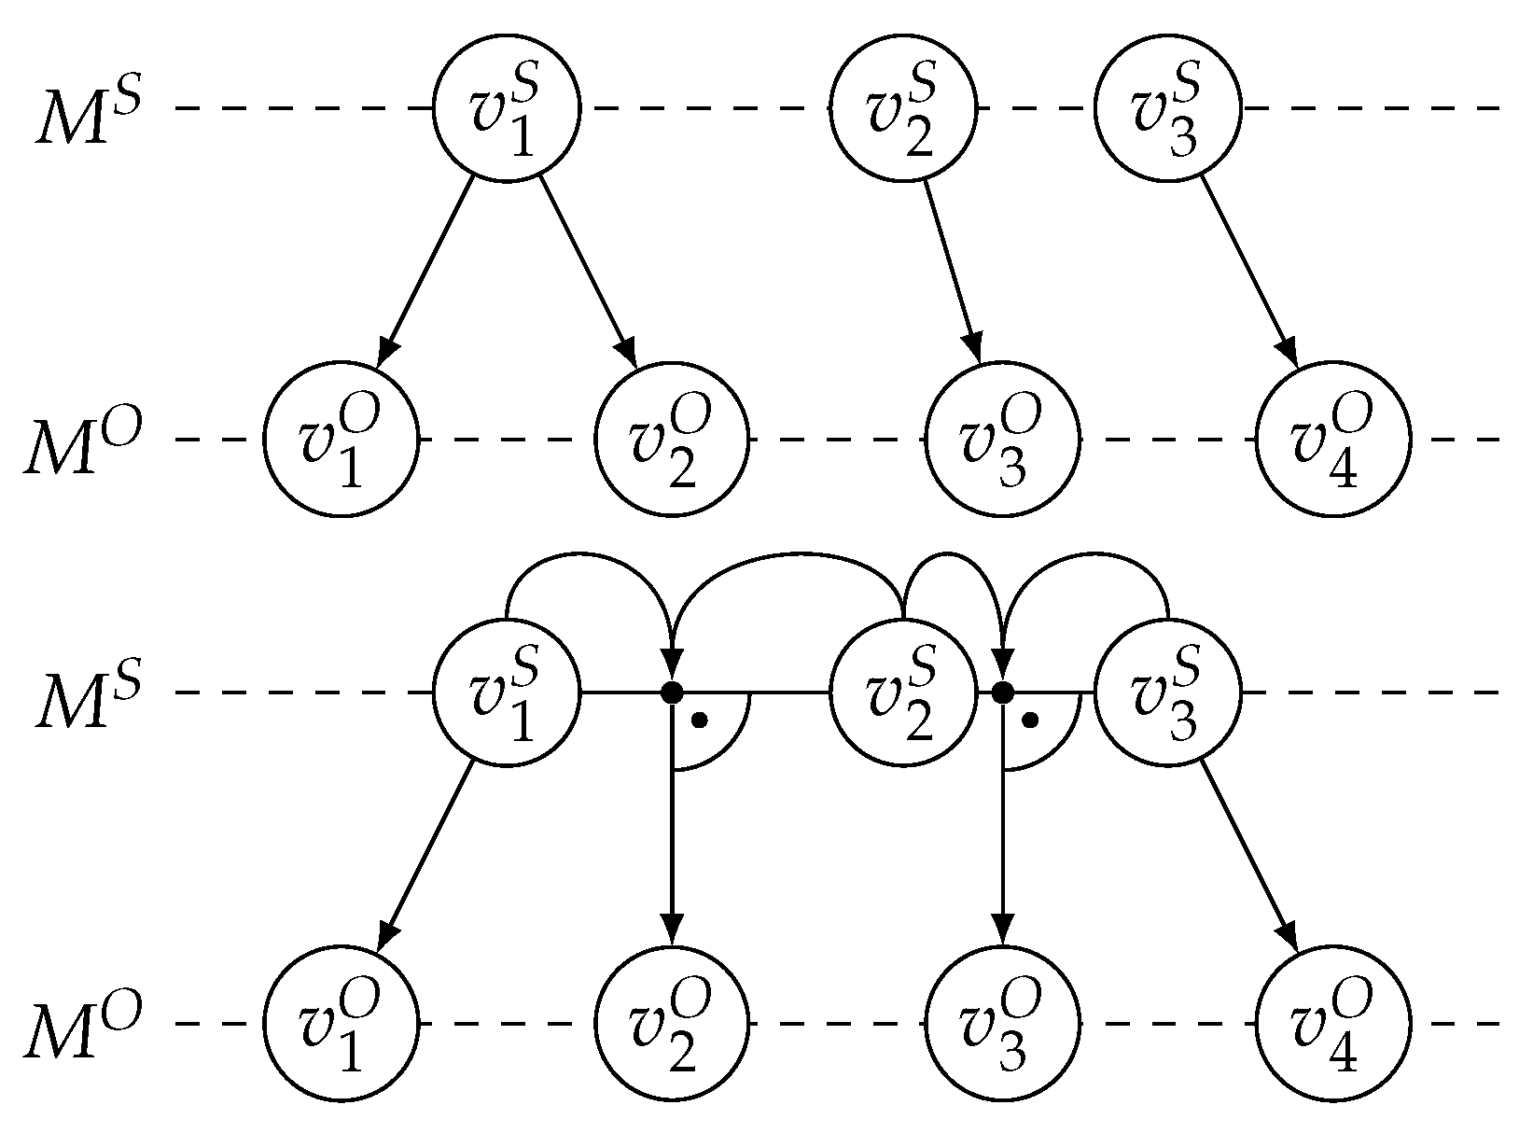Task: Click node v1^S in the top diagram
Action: [507, 108]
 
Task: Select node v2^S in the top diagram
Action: [903, 108]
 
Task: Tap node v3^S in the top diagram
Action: [1167, 108]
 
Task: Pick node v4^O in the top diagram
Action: [1333, 439]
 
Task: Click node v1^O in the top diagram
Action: [341, 439]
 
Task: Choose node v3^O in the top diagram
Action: [1003, 439]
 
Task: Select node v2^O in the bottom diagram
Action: [672, 1024]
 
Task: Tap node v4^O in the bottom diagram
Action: [1333, 1024]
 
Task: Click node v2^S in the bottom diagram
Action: [903, 693]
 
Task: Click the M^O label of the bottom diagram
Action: [82, 1027]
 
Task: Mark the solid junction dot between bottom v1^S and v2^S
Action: [672, 692]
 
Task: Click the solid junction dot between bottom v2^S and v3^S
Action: [1002, 692]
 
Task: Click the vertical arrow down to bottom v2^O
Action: [672, 840]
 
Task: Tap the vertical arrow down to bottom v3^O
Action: [1002, 840]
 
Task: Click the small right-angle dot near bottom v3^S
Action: [1030, 720]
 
